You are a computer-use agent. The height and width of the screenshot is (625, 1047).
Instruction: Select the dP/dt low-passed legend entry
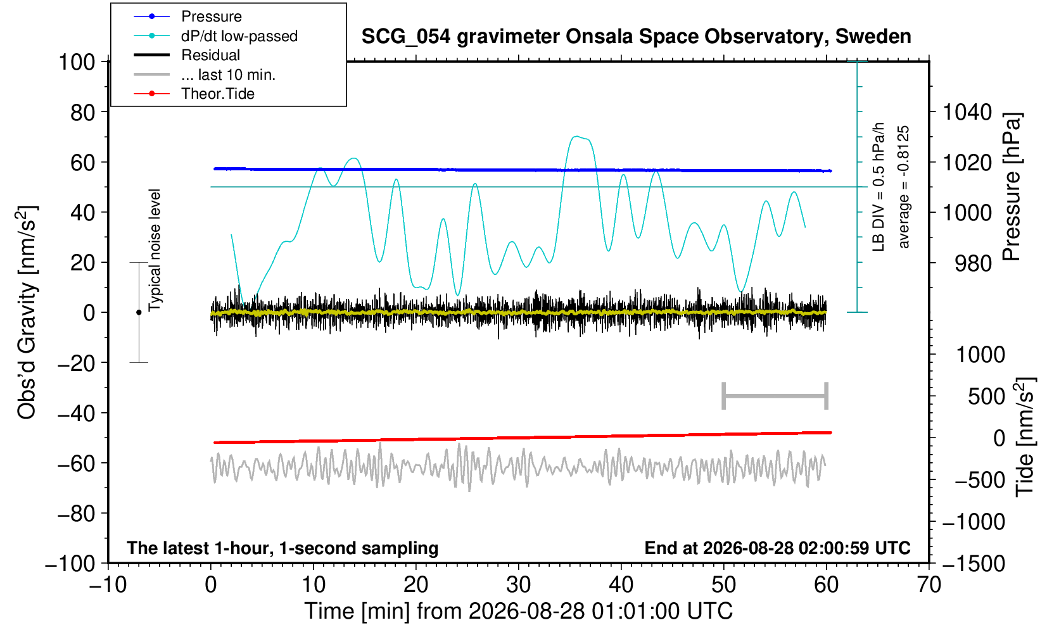point(215,36)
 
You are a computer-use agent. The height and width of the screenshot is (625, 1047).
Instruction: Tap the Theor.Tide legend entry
point(194,94)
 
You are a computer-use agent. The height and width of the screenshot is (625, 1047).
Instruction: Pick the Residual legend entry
point(187,55)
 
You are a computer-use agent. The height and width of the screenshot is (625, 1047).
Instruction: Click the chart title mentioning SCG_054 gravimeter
point(636,36)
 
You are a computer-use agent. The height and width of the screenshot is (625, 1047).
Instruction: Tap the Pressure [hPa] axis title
point(1012,187)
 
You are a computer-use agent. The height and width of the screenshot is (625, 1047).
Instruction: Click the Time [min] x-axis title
point(518,611)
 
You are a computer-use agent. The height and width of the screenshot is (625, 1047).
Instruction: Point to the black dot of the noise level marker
point(139,312)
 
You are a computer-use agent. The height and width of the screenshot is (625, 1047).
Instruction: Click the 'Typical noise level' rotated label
point(155,250)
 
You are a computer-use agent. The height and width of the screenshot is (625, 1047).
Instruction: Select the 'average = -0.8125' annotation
point(903,187)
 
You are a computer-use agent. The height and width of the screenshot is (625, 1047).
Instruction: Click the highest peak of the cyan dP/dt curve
point(577,136)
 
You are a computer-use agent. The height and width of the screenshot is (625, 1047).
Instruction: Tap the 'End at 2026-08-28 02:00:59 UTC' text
point(777,548)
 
